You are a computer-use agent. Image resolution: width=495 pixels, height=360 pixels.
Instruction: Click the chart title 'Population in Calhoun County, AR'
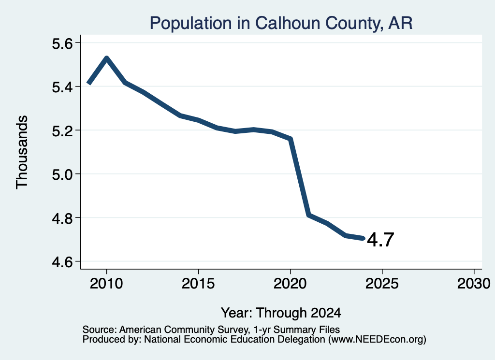[x=281, y=23]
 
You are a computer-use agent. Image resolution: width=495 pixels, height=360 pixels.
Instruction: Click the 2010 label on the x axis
[x=106, y=283]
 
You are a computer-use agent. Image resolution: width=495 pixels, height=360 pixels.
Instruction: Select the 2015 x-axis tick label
[x=198, y=283]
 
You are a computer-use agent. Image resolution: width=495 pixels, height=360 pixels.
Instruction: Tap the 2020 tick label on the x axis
[x=290, y=283]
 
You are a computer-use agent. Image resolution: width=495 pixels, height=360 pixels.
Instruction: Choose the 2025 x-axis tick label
[x=382, y=283]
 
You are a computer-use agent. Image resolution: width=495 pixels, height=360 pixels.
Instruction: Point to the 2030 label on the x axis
[x=474, y=283]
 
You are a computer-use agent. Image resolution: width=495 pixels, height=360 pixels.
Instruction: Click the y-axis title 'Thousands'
[x=22, y=152]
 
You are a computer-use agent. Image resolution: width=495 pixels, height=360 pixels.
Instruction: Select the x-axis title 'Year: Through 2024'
[x=281, y=313]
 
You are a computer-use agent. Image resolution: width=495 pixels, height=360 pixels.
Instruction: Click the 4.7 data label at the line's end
[x=380, y=240]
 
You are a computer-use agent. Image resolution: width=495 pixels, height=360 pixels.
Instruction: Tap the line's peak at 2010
[x=106, y=58]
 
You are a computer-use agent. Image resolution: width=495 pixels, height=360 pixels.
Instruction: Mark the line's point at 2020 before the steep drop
[x=291, y=139]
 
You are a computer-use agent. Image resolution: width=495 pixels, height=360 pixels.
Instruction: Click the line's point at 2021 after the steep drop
[x=309, y=215]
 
